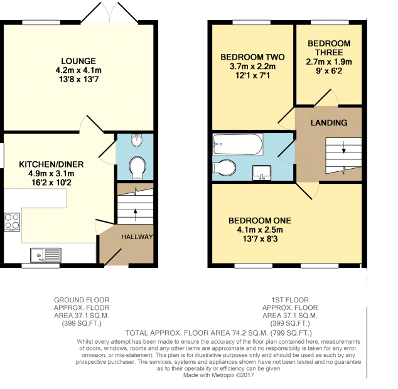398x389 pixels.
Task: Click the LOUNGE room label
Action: (x=78, y=61)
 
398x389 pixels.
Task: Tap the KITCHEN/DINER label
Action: (x=51, y=164)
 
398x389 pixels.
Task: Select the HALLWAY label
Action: (x=137, y=237)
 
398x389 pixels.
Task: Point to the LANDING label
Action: (x=329, y=122)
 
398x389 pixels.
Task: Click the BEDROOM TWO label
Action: (x=252, y=57)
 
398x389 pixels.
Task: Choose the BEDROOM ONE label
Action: (x=260, y=220)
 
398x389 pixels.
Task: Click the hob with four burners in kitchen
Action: (x=12, y=222)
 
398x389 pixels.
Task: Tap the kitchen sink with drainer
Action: (x=46, y=255)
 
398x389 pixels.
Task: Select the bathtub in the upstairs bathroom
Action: (x=238, y=144)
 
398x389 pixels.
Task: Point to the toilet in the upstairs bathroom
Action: (x=224, y=168)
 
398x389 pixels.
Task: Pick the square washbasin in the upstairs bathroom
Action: (x=262, y=173)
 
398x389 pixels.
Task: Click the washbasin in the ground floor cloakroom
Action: (x=137, y=140)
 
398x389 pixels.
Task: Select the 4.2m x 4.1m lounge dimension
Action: (x=78, y=70)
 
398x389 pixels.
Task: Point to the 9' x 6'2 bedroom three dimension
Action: (x=329, y=71)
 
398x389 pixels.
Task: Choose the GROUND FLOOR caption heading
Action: (x=82, y=300)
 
